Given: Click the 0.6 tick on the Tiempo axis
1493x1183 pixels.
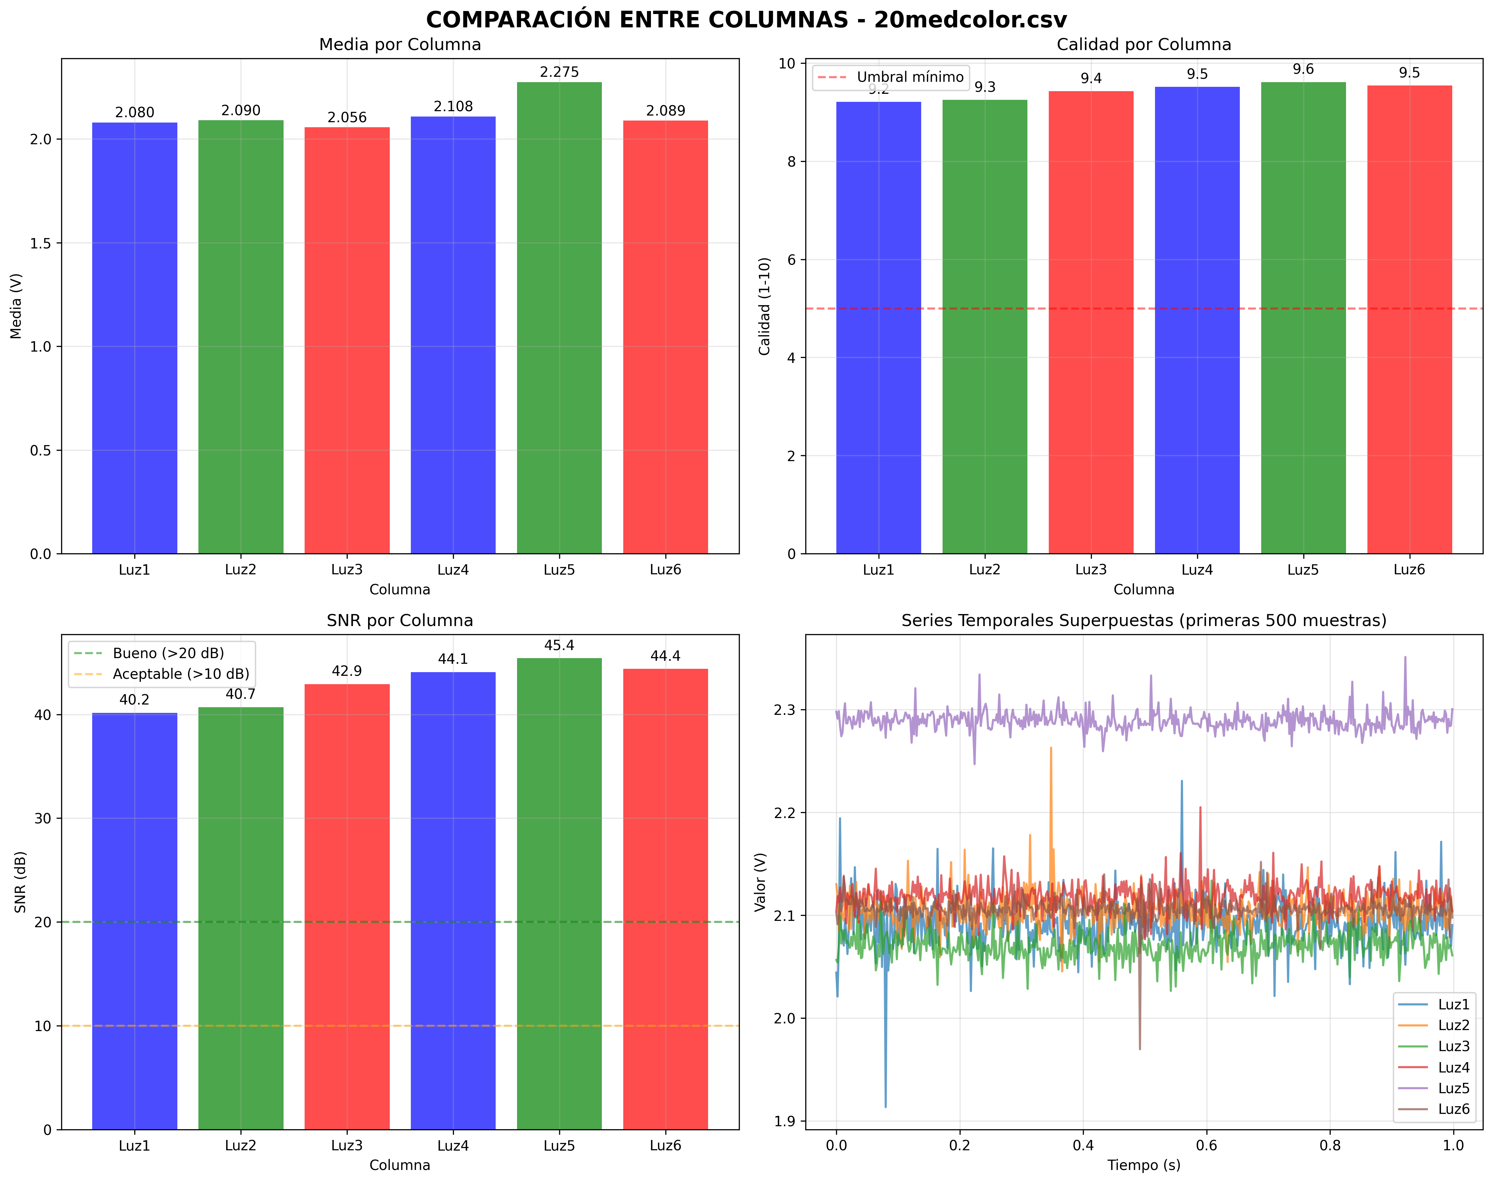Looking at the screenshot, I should tap(1206, 1146).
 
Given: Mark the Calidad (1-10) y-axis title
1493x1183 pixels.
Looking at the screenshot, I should tap(765, 307).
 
